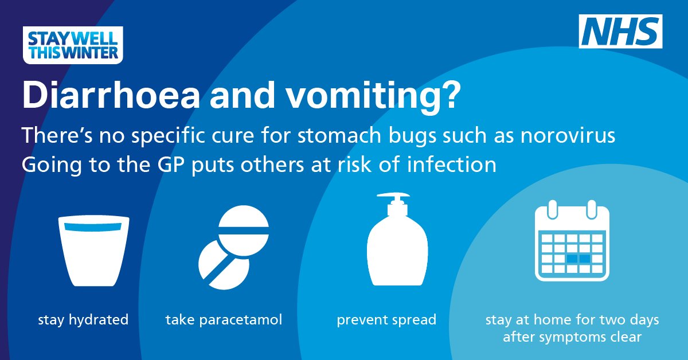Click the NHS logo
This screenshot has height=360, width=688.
click(621, 32)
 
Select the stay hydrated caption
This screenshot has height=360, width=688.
click(83, 319)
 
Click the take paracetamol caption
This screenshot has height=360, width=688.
click(224, 319)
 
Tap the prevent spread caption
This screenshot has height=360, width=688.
click(386, 319)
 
